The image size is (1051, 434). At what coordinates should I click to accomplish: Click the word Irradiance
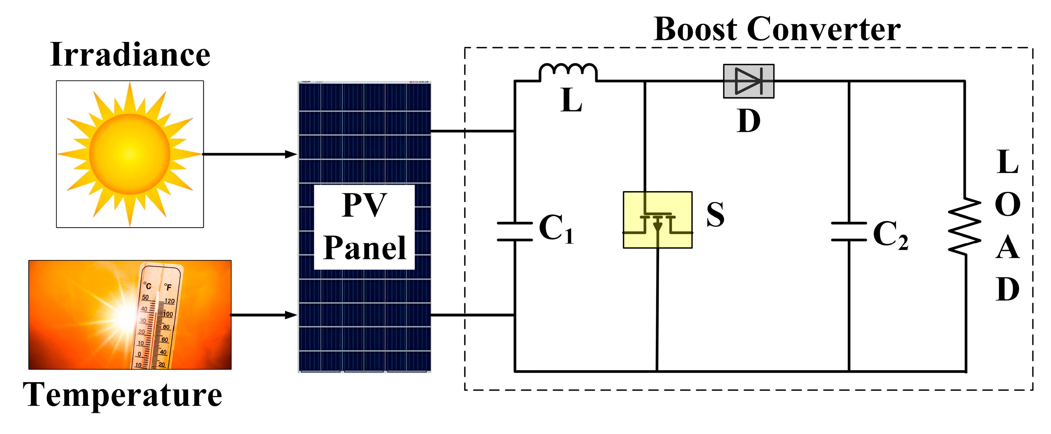pos(130,55)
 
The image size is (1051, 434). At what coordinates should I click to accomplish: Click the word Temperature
pos(122,395)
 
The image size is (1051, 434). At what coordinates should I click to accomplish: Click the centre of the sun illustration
pos(130,154)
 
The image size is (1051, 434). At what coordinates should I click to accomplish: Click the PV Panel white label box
pos(364,227)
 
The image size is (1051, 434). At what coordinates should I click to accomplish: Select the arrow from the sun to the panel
pos(250,154)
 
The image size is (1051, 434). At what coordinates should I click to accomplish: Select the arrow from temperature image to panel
pos(263,315)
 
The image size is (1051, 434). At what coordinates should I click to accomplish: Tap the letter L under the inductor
pos(571,100)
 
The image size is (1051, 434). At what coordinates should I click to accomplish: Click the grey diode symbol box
pos(748,81)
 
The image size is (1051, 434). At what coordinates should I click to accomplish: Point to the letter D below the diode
pos(749,121)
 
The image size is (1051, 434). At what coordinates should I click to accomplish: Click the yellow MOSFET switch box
pos(657,220)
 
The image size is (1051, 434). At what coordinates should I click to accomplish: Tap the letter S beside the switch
pos(715,215)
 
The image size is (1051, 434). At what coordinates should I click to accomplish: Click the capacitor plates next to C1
pos(515,232)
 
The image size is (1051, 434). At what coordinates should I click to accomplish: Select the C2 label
pos(890,235)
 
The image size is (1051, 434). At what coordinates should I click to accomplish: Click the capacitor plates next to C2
pos(849,232)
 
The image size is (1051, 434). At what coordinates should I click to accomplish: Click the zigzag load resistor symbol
pos(964,226)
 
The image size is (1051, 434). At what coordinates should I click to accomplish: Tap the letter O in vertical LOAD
pos(1007,205)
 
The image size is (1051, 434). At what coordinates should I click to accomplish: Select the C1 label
pos(556,229)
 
